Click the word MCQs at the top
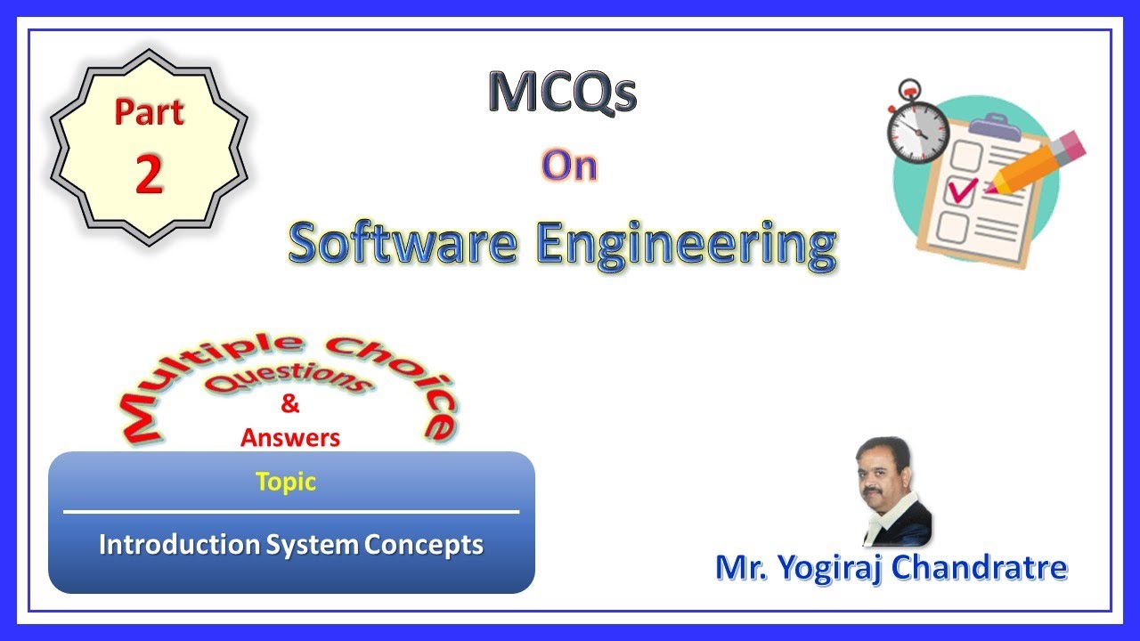(562, 93)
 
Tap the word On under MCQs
(568, 166)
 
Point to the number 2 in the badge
(149, 174)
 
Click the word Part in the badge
(149, 113)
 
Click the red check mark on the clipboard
(963, 189)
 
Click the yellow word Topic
(286, 482)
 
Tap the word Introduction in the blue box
(180, 545)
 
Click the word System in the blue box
(314, 545)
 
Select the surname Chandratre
(979, 567)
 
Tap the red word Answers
(290, 437)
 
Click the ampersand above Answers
(289, 405)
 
